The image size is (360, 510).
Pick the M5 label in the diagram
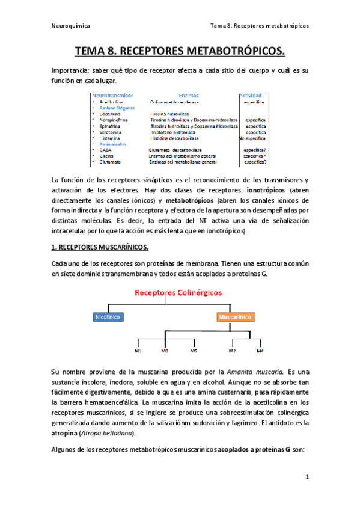click(x=193, y=351)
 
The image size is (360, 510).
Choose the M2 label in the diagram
click(x=232, y=351)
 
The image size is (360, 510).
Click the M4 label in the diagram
click(x=260, y=351)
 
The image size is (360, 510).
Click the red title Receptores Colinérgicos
click(x=178, y=293)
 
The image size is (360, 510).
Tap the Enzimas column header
click(x=189, y=96)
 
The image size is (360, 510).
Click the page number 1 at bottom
click(x=307, y=477)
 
